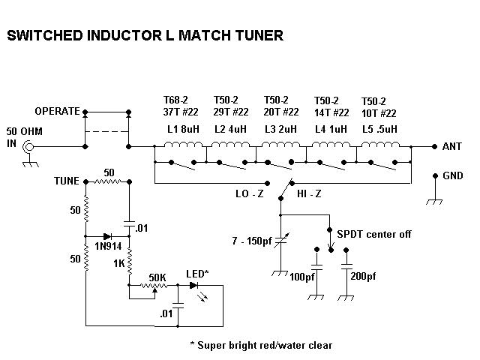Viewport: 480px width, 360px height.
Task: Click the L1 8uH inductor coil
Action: (179, 145)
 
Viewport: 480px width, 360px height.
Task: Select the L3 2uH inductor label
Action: (281, 128)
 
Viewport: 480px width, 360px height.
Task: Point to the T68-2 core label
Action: (178, 100)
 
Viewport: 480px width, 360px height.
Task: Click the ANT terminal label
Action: (453, 146)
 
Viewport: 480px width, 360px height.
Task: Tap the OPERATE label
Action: (57, 112)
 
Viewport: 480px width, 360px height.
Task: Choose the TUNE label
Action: (68, 181)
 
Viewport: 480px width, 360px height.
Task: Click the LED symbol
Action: (196, 285)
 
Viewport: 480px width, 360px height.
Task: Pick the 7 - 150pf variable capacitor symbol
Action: (281, 242)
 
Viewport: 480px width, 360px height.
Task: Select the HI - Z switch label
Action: (310, 193)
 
